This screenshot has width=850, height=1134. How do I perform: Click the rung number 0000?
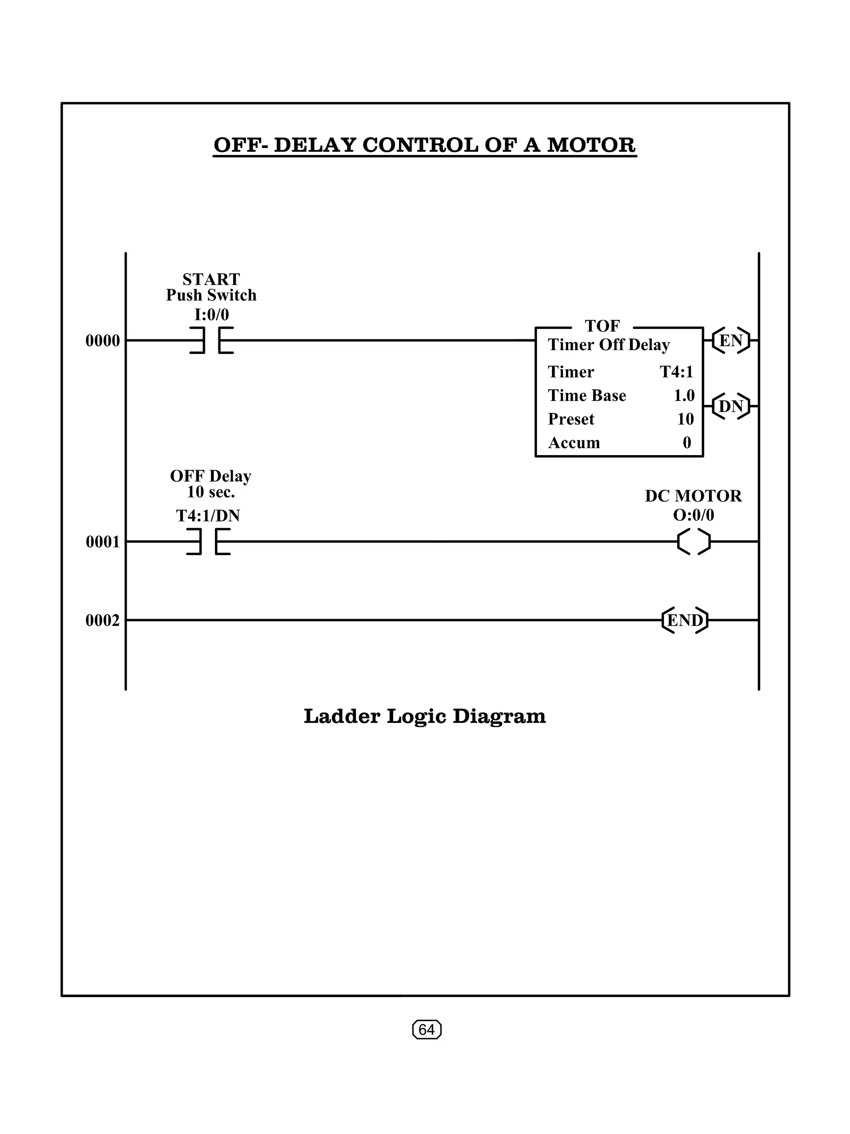(x=103, y=340)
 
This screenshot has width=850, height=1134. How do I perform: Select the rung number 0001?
(x=103, y=542)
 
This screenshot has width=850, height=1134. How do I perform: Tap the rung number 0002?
(x=103, y=620)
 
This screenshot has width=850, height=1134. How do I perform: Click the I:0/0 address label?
(x=211, y=314)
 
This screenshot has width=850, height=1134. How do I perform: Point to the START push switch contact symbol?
(x=212, y=340)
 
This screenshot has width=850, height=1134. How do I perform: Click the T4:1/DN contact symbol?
(x=208, y=541)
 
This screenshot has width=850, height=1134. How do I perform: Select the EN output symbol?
(x=731, y=340)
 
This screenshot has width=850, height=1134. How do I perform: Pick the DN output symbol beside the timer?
(x=731, y=407)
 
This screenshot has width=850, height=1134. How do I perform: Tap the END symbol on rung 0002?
(x=685, y=620)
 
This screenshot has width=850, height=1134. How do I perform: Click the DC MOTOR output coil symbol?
(x=694, y=541)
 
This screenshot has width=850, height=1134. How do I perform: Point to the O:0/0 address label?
(x=693, y=515)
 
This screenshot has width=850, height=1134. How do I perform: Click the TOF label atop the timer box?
(x=602, y=326)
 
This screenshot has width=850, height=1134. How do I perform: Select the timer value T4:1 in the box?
(x=676, y=372)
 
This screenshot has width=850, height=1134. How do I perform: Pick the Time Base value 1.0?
(x=684, y=395)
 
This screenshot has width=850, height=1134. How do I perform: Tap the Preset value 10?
(x=685, y=419)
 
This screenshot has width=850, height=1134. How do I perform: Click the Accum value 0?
(x=687, y=442)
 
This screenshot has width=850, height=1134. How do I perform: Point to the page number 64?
(x=427, y=1029)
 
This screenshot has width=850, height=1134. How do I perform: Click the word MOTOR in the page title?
(x=591, y=145)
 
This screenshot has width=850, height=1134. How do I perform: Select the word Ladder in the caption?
(x=342, y=716)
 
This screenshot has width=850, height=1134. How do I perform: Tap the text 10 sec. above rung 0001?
(x=211, y=492)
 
